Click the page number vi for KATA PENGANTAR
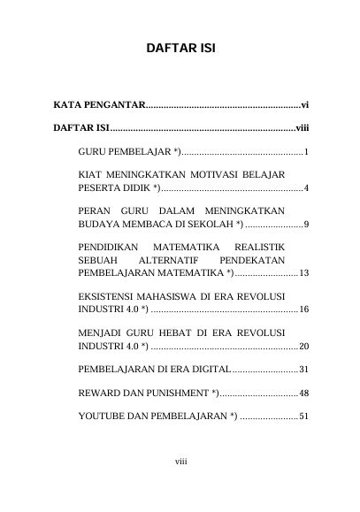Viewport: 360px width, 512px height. pos(304,106)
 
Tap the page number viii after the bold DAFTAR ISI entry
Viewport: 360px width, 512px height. pos(302,130)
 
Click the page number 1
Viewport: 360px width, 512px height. pos(305,153)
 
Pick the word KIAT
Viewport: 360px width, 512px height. pos(92,175)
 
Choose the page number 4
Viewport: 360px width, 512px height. pos(305,188)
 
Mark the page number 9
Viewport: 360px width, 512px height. pos(305,225)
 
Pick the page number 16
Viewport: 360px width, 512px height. pos(303,310)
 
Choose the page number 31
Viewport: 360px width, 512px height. pos(303,369)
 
